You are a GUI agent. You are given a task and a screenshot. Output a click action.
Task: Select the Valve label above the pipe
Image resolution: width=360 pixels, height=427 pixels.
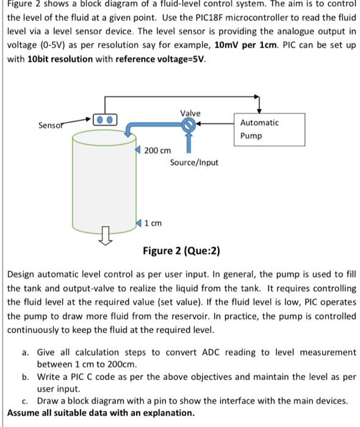tap(190, 113)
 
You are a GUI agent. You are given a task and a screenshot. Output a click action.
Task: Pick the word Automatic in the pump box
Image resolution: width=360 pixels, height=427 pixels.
tap(260, 123)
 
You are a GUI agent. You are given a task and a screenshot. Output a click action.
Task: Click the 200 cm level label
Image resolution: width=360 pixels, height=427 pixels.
tap(157, 150)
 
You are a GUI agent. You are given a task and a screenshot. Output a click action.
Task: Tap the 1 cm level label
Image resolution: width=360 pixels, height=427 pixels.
tap(153, 223)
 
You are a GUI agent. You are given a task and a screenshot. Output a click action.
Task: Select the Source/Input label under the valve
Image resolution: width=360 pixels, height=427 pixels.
tap(193, 162)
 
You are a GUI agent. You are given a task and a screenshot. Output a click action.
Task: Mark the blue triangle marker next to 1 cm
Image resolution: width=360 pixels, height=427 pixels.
tap(140, 223)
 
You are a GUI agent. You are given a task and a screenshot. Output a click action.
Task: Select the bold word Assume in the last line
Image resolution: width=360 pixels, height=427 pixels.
tap(24, 413)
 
